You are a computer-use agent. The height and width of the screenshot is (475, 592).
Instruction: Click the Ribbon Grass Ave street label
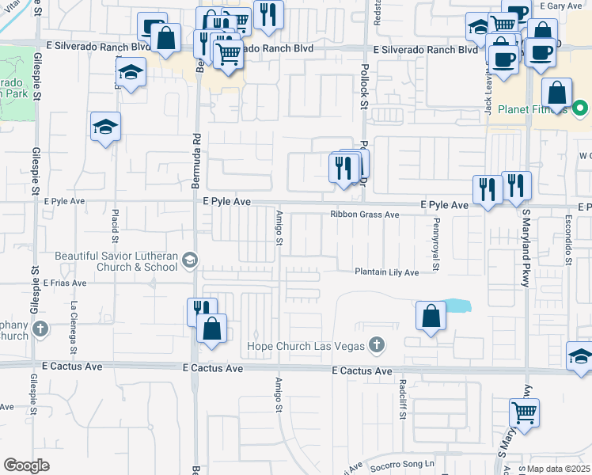(x=364, y=215)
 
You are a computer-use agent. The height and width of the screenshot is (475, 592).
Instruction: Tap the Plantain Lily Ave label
(x=385, y=272)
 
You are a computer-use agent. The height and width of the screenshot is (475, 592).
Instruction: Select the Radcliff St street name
(x=403, y=399)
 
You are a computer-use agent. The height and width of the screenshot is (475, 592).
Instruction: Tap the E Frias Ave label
(x=65, y=283)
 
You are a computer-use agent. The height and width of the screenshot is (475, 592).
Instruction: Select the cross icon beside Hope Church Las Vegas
(x=377, y=345)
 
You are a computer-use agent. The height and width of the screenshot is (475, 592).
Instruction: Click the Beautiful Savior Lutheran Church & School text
(x=116, y=261)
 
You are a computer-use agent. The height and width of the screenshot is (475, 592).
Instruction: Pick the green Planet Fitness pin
(x=581, y=107)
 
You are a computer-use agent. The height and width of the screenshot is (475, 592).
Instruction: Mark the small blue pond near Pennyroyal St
(x=457, y=306)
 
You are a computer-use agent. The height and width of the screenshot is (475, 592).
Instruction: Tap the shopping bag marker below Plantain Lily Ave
(x=430, y=316)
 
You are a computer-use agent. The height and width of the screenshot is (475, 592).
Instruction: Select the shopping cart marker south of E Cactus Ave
(x=524, y=412)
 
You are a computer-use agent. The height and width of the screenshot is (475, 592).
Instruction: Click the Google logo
(x=27, y=465)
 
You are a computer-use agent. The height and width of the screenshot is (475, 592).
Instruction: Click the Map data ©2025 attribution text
(x=557, y=469)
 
